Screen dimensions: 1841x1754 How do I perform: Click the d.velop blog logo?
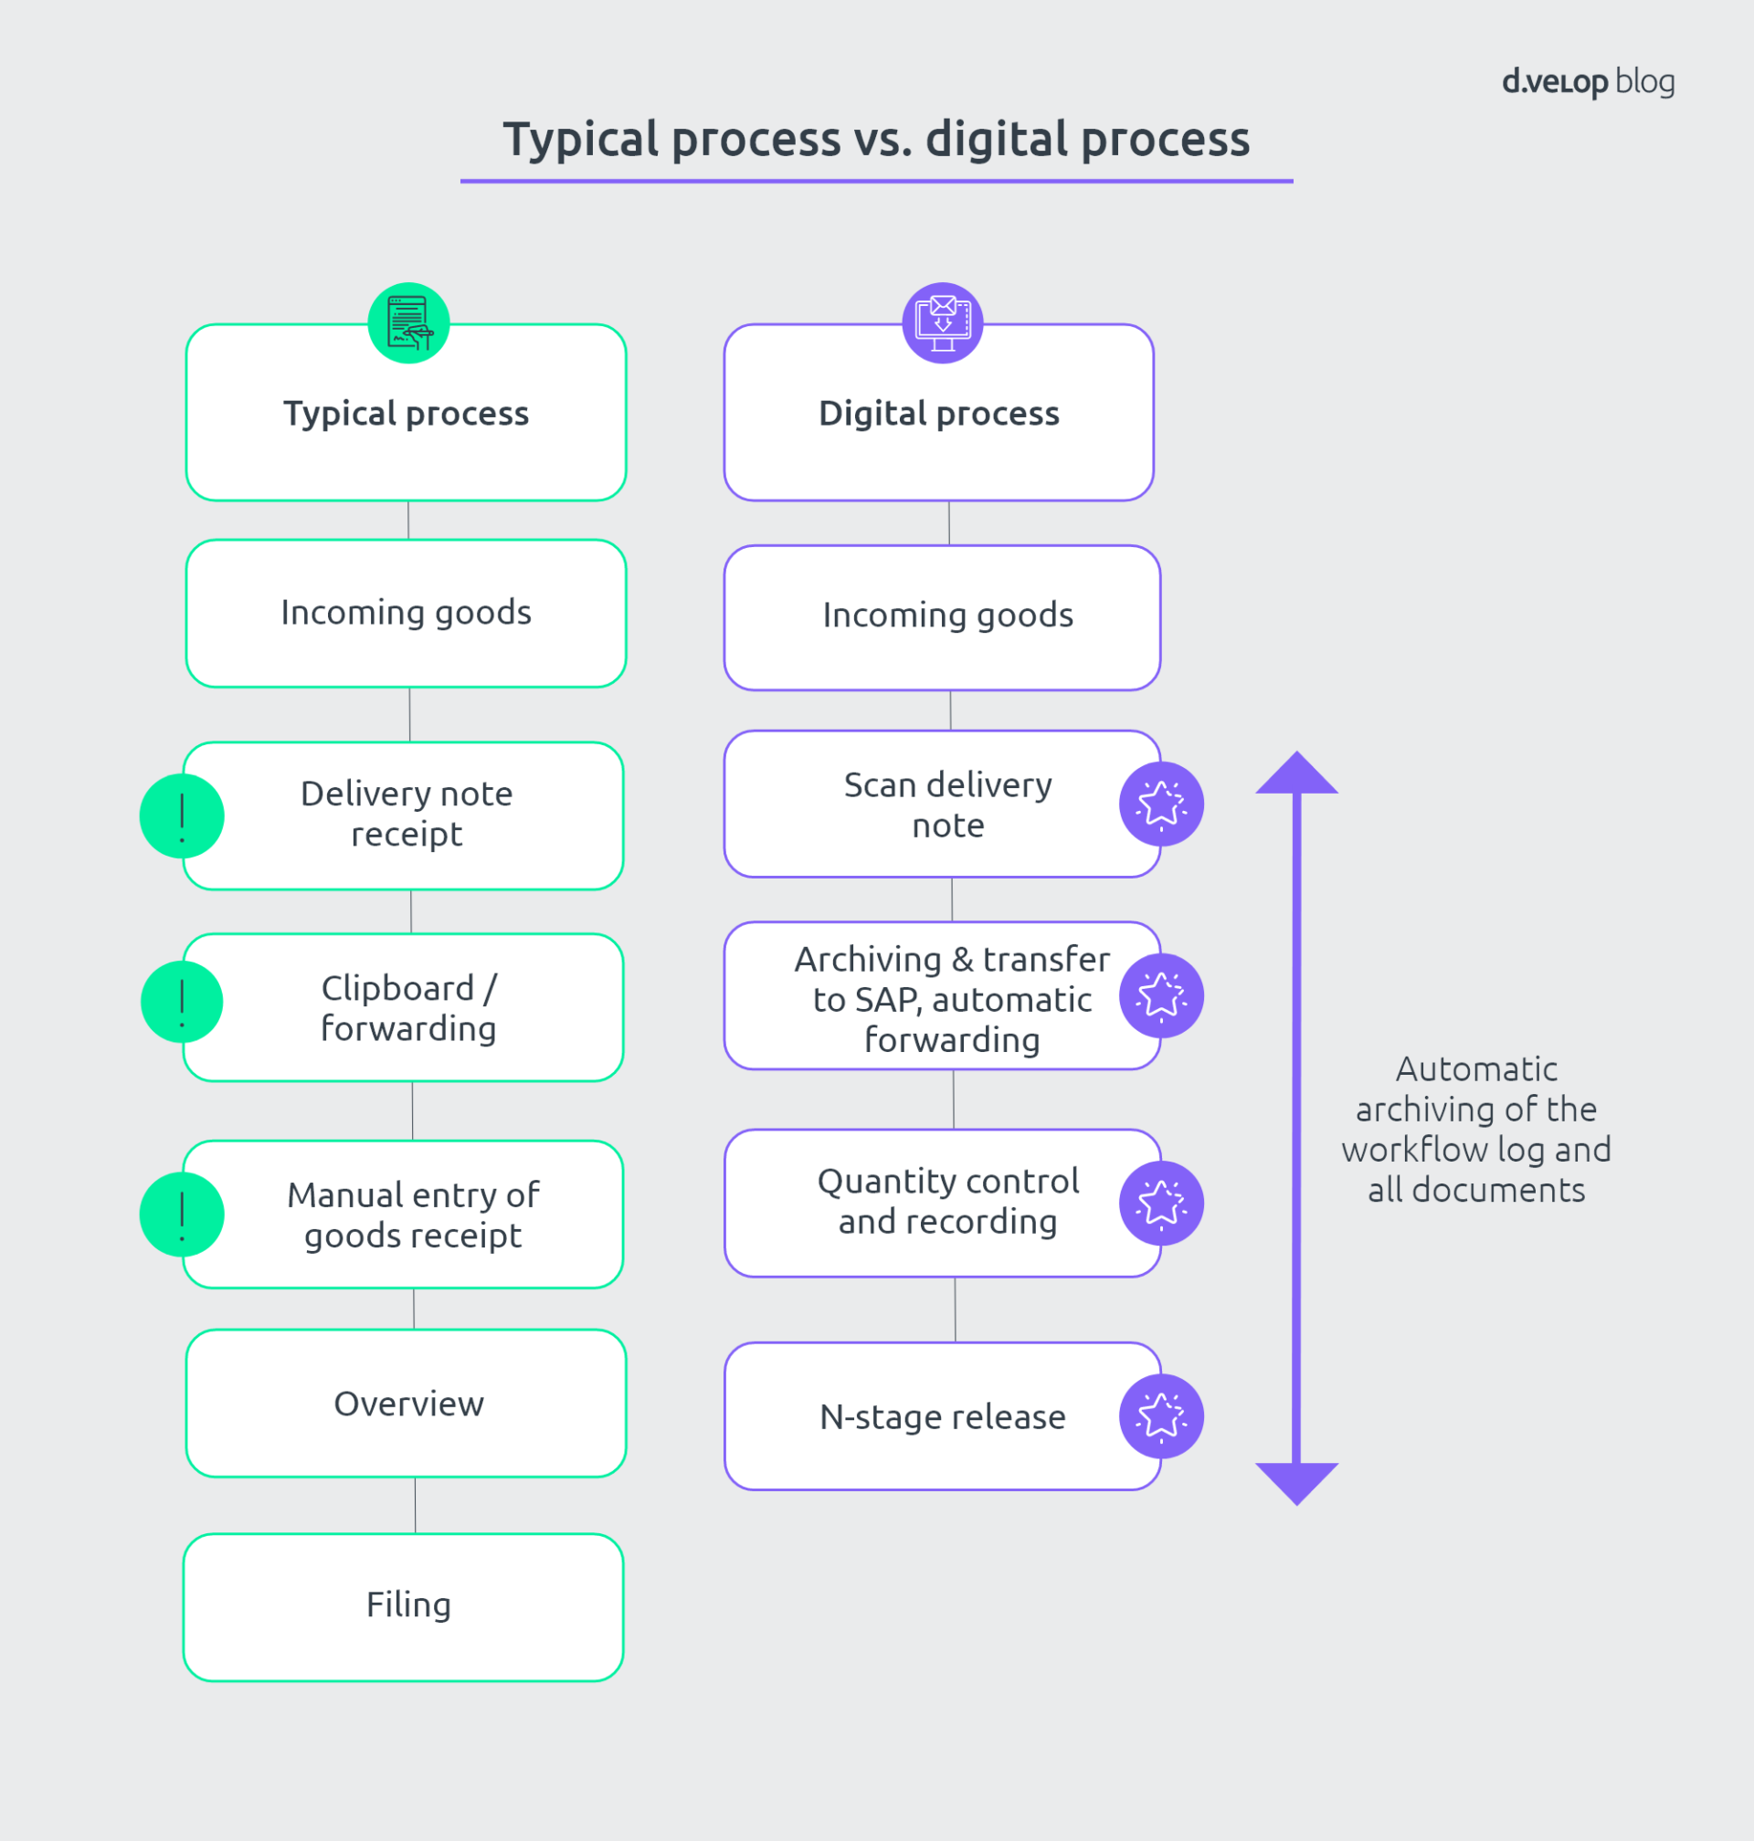tap(1587, 82)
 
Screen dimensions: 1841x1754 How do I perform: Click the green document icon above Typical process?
tap(408, 323)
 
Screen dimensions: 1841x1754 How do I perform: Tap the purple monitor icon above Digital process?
tap(943, 323)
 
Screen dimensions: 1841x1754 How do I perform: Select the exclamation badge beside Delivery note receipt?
tap(182, 815)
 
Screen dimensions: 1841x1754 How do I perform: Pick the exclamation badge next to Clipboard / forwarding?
tap(182, 1002)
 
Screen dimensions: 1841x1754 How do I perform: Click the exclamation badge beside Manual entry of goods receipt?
tap(182, 1214)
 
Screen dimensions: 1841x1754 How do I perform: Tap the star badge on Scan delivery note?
tap(1161, 804)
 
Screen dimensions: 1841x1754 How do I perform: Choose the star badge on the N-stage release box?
tap(1161, 1415)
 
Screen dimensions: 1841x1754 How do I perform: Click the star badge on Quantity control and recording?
tap(1161, 1203)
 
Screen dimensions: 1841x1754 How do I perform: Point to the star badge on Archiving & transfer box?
tap(1161, 995)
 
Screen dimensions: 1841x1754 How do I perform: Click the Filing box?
tap(404, 1606)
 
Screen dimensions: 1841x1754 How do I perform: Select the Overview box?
tap(406, 1403)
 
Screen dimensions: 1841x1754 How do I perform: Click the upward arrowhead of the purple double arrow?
tap(1297, 774)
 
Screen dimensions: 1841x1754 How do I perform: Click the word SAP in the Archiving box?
tap(886, 1000)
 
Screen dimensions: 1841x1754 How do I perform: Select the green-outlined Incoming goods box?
tap(406, 613)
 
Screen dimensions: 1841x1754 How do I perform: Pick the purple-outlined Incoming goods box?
tap(943, 616)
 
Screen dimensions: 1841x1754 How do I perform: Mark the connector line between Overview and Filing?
tap(415, 1505)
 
